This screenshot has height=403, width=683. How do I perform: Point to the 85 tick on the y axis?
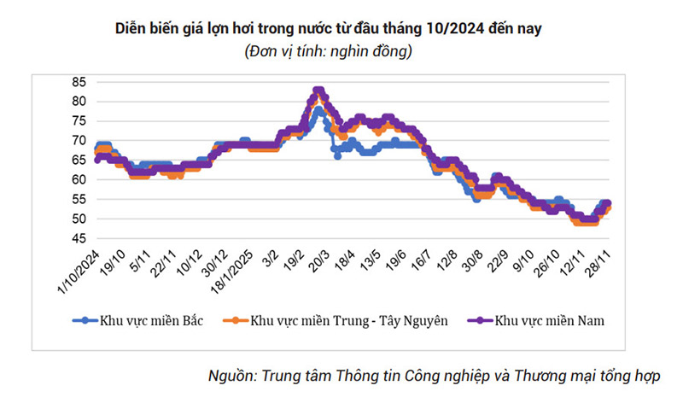[79, 82]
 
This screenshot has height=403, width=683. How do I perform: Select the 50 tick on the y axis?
[79, 219]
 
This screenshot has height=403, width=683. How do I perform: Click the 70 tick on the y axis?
[79, 141]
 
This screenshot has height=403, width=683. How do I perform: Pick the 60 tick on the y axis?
[79, 180]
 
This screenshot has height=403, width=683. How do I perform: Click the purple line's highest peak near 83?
[318, 90]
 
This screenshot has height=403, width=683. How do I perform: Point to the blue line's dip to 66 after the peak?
[337, 156]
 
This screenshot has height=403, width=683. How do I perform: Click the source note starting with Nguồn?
[435, 377]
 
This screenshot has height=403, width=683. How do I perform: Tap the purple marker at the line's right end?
[607, 204]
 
